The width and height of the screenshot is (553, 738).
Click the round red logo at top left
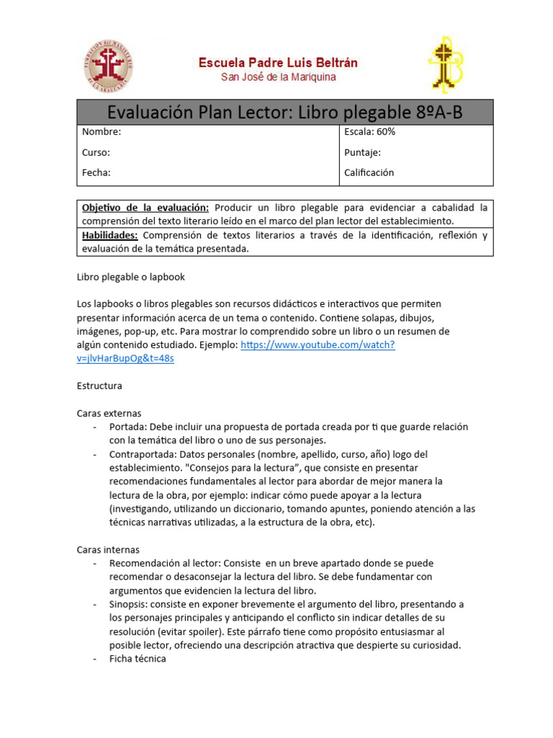coord(105,66)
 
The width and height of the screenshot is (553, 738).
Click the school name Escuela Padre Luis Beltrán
coord(278,63)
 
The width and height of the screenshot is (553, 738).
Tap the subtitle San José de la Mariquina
coord(278,77)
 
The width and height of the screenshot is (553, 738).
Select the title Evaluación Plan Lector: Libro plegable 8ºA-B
coord(285,112)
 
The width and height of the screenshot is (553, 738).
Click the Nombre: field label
coord(101,132)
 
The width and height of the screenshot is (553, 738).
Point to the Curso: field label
coord(96,152)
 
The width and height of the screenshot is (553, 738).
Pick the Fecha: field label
coord(96,172)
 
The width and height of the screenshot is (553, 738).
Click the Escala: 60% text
coord(370,132)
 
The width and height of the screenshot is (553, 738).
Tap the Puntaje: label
coord(363,152)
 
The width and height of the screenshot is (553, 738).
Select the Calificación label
coord(369,172)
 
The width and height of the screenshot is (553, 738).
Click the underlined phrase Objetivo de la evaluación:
coord(145,208)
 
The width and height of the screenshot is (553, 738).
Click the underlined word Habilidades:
coord(110,236)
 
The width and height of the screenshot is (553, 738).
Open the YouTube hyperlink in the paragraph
coord(317,345)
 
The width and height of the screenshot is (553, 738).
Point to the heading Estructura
coord(99,386)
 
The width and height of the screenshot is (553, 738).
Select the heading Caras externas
coord(109,413)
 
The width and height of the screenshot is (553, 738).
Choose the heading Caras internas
coord(108,549)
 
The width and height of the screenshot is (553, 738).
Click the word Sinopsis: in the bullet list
coord(130,604)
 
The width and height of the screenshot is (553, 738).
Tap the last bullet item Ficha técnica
coord(138,659)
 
